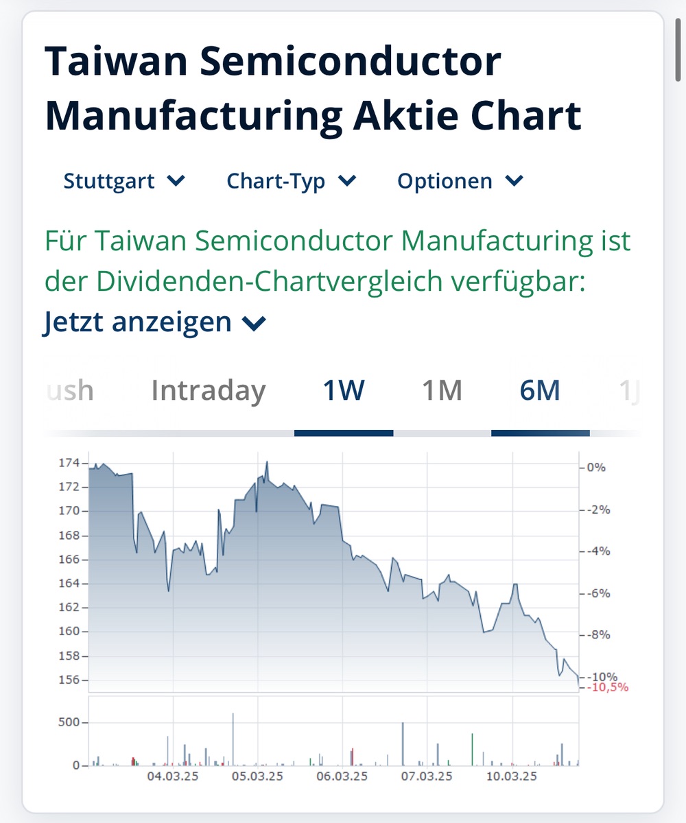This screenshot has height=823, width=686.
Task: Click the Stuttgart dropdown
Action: click(123, 181)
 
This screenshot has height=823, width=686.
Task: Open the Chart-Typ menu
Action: click(291, 181)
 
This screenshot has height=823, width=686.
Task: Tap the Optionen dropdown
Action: click(460, 181)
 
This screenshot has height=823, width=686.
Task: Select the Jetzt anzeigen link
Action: click(154, 322)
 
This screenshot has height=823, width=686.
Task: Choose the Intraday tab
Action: click(209, 391)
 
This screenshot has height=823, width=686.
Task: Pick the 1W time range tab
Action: click(344, 391)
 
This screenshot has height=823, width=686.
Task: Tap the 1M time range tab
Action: click(442, 391)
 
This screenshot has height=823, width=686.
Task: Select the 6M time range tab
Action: click(540, 391)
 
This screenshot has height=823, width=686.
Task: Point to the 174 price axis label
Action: click(69, 463)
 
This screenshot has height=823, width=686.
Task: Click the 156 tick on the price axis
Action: click(69, 680)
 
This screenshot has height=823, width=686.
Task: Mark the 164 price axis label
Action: click(69, 584)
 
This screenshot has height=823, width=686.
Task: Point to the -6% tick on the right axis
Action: click(595, 593)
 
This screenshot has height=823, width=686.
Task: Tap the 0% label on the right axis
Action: click(595, 468)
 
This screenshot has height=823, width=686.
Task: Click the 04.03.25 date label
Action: click(173, 776)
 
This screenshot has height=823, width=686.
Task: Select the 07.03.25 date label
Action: click(427, 776)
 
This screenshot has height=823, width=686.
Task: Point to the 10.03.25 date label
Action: click(512, 776)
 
